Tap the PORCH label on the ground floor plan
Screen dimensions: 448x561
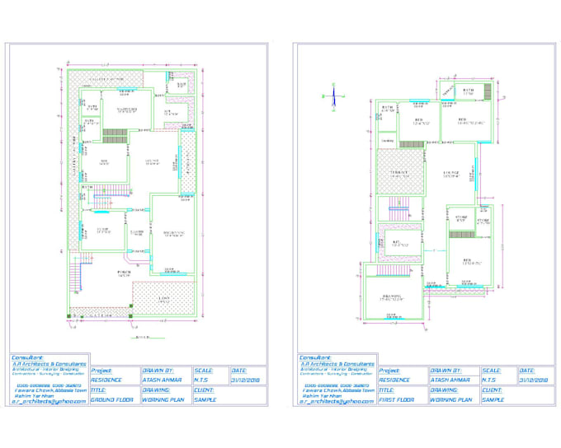click(124, 273)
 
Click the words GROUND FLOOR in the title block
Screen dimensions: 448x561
click(112, 399)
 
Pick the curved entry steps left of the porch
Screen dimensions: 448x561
click(76, 269)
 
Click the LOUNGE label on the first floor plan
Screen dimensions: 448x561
click(450, 173)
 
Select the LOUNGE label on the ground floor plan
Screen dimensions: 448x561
click(152, 161)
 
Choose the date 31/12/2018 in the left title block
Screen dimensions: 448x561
click(247, 380)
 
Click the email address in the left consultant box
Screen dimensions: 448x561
click(49, 401)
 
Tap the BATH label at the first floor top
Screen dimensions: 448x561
click(468, 91)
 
